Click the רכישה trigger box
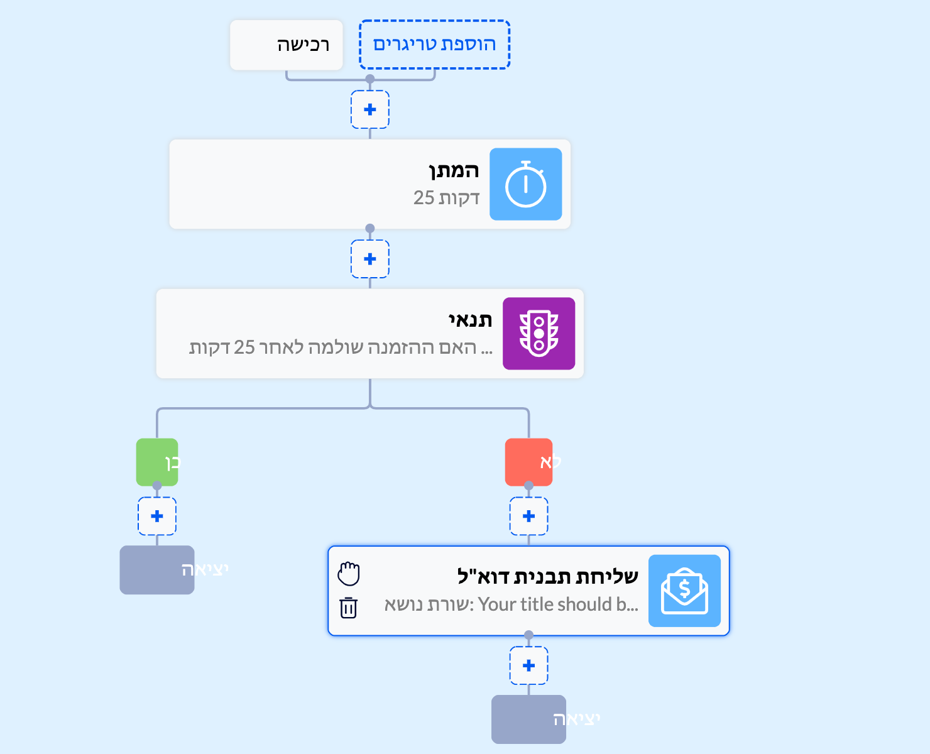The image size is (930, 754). [287, 45]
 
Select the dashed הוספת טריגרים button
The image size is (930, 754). [434, 45]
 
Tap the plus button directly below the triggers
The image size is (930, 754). [370, 109]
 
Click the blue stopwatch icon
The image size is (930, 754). [525, 184]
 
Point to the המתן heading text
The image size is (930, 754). [454, 170]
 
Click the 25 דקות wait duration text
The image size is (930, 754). [446, 198]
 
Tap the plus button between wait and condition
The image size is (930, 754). [370, 259]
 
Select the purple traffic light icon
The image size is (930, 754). [539, 334]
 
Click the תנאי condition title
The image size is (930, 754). [470, 320]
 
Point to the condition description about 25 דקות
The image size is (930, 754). [341, 347]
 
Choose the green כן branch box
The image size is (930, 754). [157, 462]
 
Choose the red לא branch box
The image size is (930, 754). [528, 462]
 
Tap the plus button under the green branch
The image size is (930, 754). [157, 516]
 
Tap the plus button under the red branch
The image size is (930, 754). [528, 516]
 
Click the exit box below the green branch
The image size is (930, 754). [157, 570]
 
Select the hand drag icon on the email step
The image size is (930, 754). [349, 574]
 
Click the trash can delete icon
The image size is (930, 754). [349, 608]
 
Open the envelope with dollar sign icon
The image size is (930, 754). [684, 591]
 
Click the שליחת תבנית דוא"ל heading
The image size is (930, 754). [547, 576]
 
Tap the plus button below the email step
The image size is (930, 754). [528, 665]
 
